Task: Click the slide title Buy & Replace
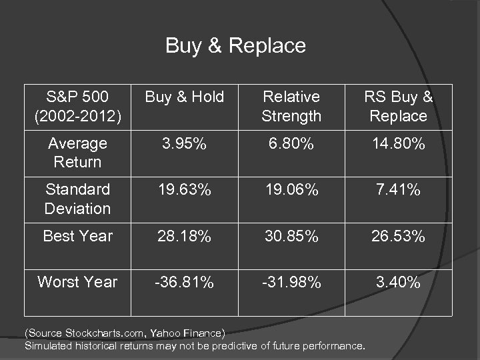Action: (235, 45)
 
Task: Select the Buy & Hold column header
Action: (185, 97)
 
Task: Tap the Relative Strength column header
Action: (291, 107)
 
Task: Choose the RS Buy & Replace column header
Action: (398, 107)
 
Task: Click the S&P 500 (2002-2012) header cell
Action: (77, 107)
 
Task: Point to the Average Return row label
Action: (77, 153)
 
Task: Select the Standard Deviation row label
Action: (77, 199)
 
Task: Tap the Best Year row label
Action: (77, 236)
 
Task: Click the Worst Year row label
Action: (77, 282)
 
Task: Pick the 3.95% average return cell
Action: (185, 143)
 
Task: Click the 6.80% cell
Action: (291, 143)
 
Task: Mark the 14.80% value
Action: (398, 143)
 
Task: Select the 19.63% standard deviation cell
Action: (185, 190)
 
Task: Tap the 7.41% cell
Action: (398, 190)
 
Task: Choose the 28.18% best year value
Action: (185, 236)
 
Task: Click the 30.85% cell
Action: (291, 236)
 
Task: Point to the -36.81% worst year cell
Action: (185, 282)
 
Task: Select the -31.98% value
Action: (291, 282)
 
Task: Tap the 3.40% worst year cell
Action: (398, 282)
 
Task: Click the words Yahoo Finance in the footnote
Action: (187, 333)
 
